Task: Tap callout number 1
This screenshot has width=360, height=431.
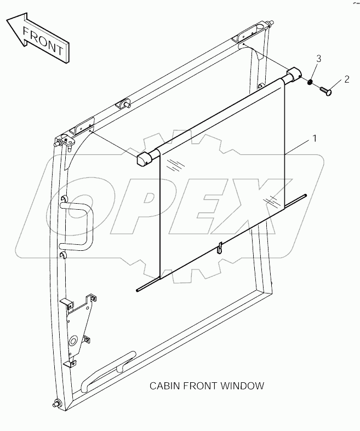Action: pos(314,139)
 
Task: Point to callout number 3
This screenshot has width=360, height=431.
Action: pos(318,59)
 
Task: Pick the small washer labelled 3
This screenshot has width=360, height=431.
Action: pos(310,83)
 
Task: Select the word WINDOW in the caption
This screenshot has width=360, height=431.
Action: pos(244,386)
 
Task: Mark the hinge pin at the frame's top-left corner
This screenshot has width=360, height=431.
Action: pos(59,143)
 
